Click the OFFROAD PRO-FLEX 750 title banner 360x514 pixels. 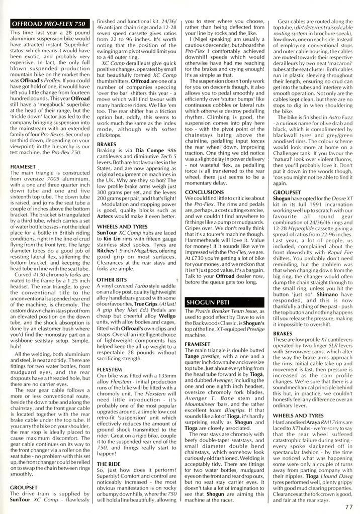[48, 24]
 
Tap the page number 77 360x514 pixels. [349, 507]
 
